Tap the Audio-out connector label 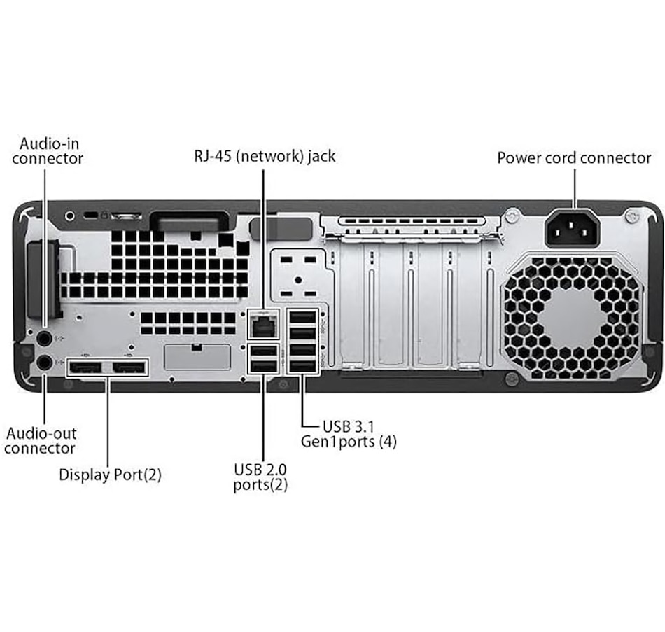tap(40, 440)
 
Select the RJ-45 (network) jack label tap(264, 156)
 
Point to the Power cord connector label tap(574, 158)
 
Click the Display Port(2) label tap(110, 475)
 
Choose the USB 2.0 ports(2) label tap(260, 476)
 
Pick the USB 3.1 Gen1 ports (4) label tap(349, 433)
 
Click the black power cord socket tap(572, 227)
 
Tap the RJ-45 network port tap(263, 325)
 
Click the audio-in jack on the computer tap(44, 339)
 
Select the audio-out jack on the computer tap(44, 363)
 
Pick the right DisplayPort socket tap(129, 367)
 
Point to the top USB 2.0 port tap(263, 351)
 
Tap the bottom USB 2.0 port tap(263, 365)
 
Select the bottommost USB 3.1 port tap(302, 365)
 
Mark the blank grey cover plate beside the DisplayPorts tap(197, 357)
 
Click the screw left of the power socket tap(512, 211)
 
